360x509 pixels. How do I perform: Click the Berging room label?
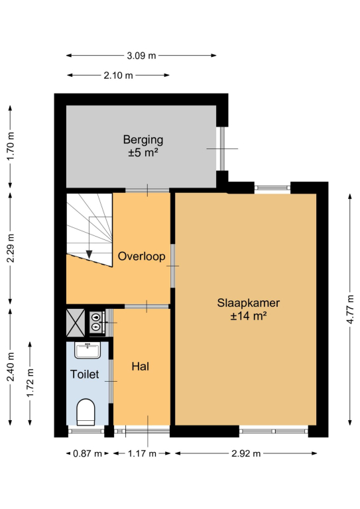pos(143,140)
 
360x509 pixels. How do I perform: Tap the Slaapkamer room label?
pos(249,303)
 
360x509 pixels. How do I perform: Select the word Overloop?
pos(141,256)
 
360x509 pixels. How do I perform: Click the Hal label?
pos(141,367)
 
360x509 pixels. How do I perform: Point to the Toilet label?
pos(84,374)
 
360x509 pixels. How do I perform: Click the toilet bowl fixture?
pos(86,412)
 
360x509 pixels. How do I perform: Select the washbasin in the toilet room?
pos(88,350)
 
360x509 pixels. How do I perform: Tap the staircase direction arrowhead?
pos(89,254)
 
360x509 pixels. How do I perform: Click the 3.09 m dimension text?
pos(141,56)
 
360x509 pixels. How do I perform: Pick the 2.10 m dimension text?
pos(118,76)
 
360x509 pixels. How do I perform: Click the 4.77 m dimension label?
pos(350,310)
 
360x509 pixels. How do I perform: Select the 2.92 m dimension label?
pos(246,453)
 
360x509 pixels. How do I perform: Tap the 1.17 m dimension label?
pos(142,453)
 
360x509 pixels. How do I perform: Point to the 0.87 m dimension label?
pos(88,453)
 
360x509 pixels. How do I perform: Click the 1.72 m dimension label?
pos(30,382)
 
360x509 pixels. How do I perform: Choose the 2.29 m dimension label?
pos(11,248)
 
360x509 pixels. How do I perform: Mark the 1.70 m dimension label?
pos(11,146)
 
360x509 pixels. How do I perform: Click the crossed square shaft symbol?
pos(76,323)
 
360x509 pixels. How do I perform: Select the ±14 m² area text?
pos(249,315)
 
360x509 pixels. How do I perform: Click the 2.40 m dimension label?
pos(11,367)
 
